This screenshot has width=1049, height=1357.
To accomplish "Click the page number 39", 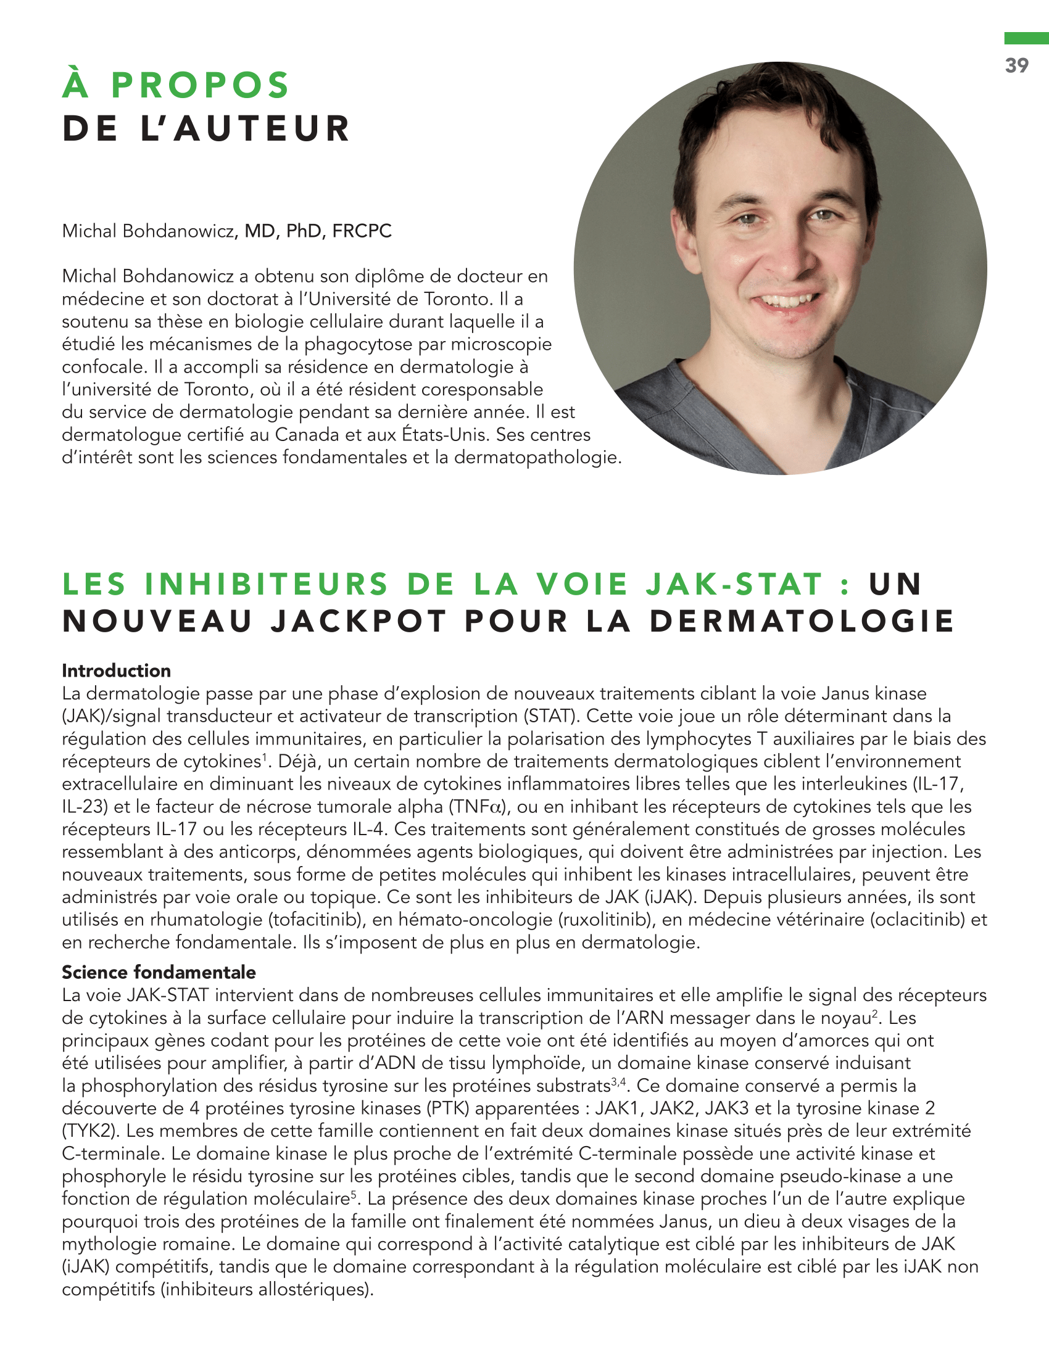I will tap(1017, 65).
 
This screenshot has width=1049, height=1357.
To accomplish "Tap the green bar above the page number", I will tap(1026, 38).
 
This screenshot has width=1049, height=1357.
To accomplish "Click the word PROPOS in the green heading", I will tap(200, 85).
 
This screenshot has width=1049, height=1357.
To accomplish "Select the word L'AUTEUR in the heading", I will tap(246, 129).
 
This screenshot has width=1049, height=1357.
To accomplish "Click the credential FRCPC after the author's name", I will tap(362, 231).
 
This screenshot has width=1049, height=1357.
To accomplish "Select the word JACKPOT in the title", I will tap(359, 621).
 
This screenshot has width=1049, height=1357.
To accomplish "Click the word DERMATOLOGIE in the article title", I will tap(802, 621).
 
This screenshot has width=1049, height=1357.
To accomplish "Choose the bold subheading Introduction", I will tap(116, 671).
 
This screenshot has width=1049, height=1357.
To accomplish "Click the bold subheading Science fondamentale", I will tap(159, 972).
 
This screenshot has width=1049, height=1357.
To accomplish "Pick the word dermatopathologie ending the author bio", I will tap(537, 457).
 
